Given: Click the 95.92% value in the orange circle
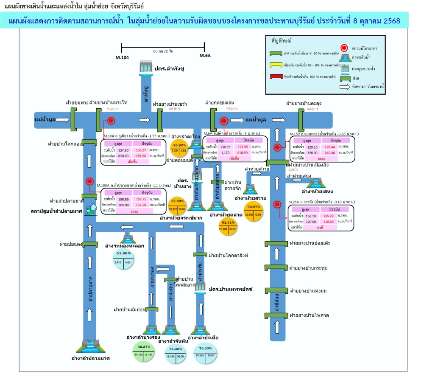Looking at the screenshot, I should point(179,145).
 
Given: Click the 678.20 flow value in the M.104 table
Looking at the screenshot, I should point(141,155).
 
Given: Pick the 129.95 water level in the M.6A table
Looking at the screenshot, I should point(240,146).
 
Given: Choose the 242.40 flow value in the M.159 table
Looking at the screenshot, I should point(327,152).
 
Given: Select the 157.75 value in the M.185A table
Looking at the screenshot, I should point(141,198).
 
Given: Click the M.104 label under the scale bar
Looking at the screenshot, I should point(122,56).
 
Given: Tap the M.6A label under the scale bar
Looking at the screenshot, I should point(205,56).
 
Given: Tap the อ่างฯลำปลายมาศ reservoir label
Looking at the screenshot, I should point(91,358).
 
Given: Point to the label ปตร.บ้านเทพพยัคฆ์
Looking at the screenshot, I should point(231,289).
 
